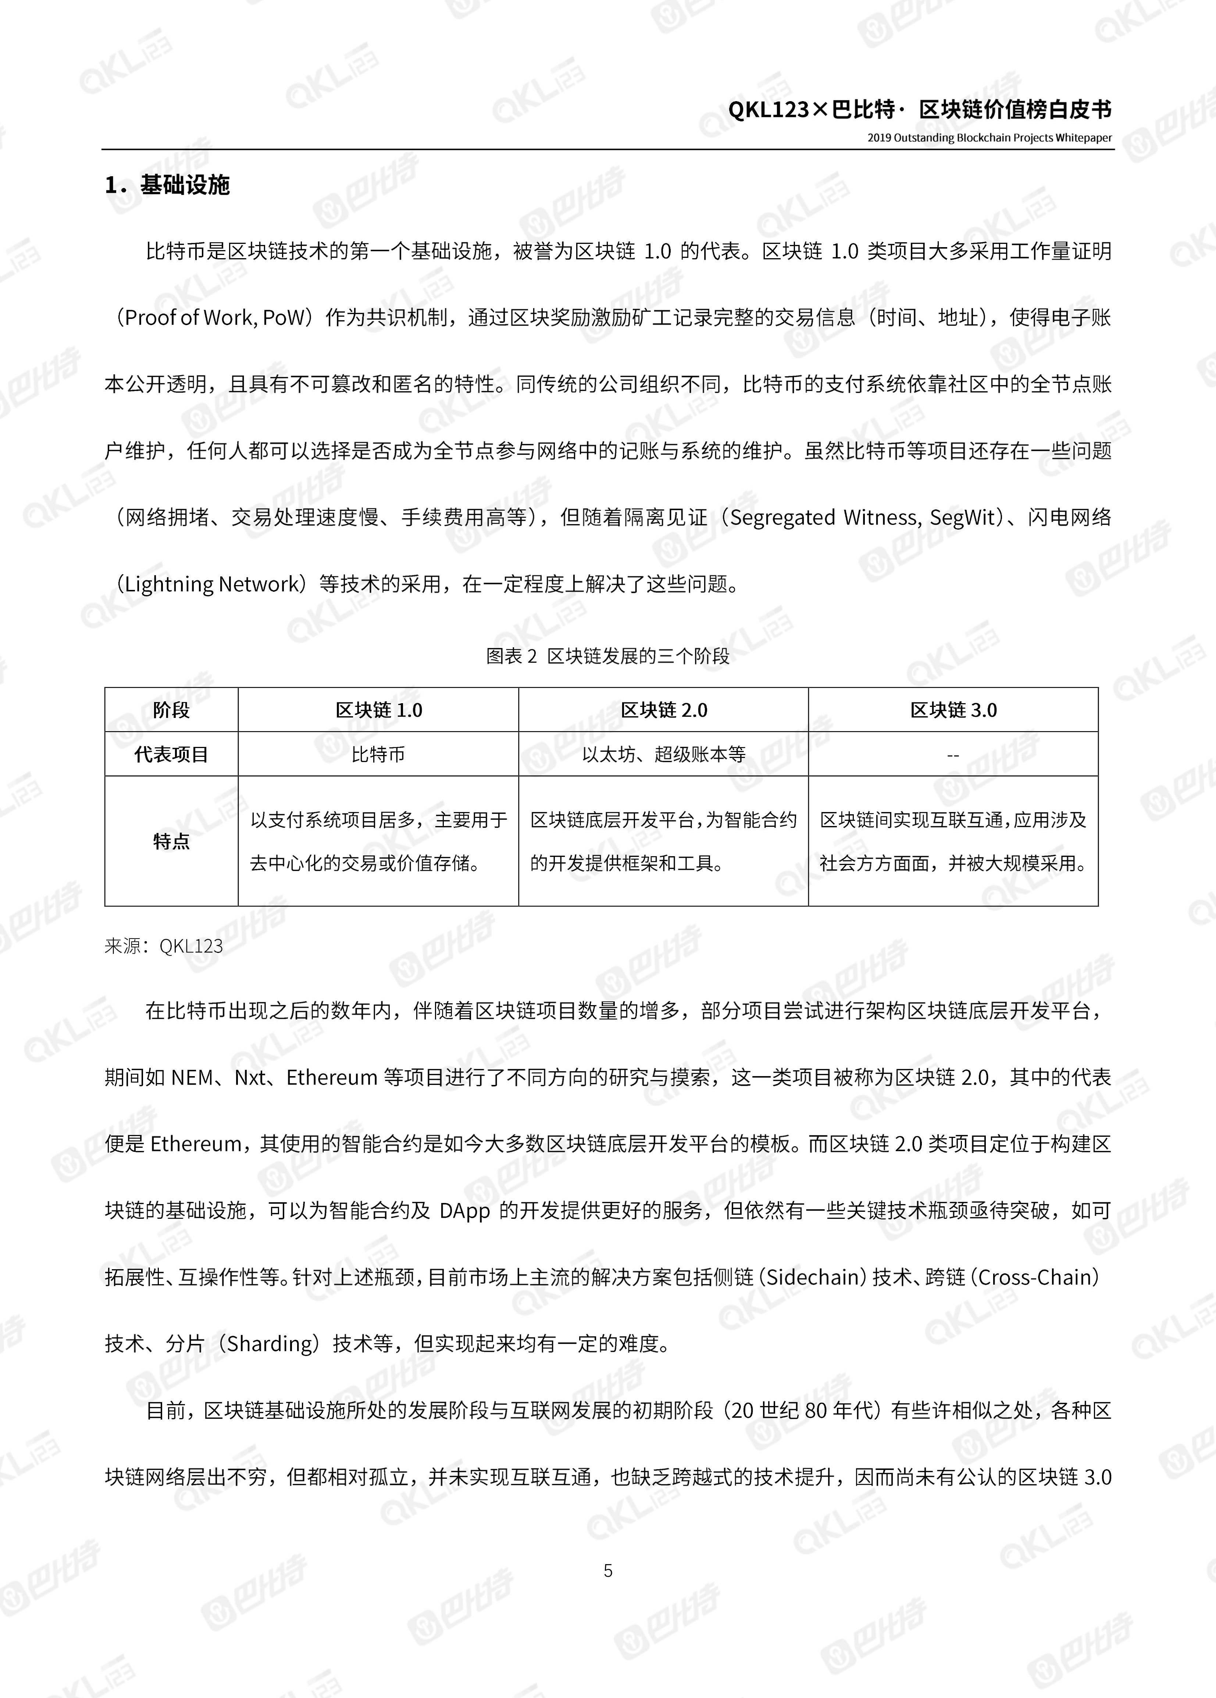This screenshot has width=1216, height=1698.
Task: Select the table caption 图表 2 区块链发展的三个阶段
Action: [x=607, y=656]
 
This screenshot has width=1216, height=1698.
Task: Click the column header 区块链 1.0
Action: [x=378, y=710]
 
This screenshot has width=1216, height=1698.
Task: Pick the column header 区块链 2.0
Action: [x=663, y=710]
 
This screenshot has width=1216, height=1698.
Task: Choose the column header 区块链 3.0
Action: [x=953, y=710]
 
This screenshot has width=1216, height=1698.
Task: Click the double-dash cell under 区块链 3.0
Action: [x=953, y=755]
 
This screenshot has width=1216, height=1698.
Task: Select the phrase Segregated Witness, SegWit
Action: [x=865, y=517]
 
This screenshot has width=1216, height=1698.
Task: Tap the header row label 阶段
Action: [x=171, y=710]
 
